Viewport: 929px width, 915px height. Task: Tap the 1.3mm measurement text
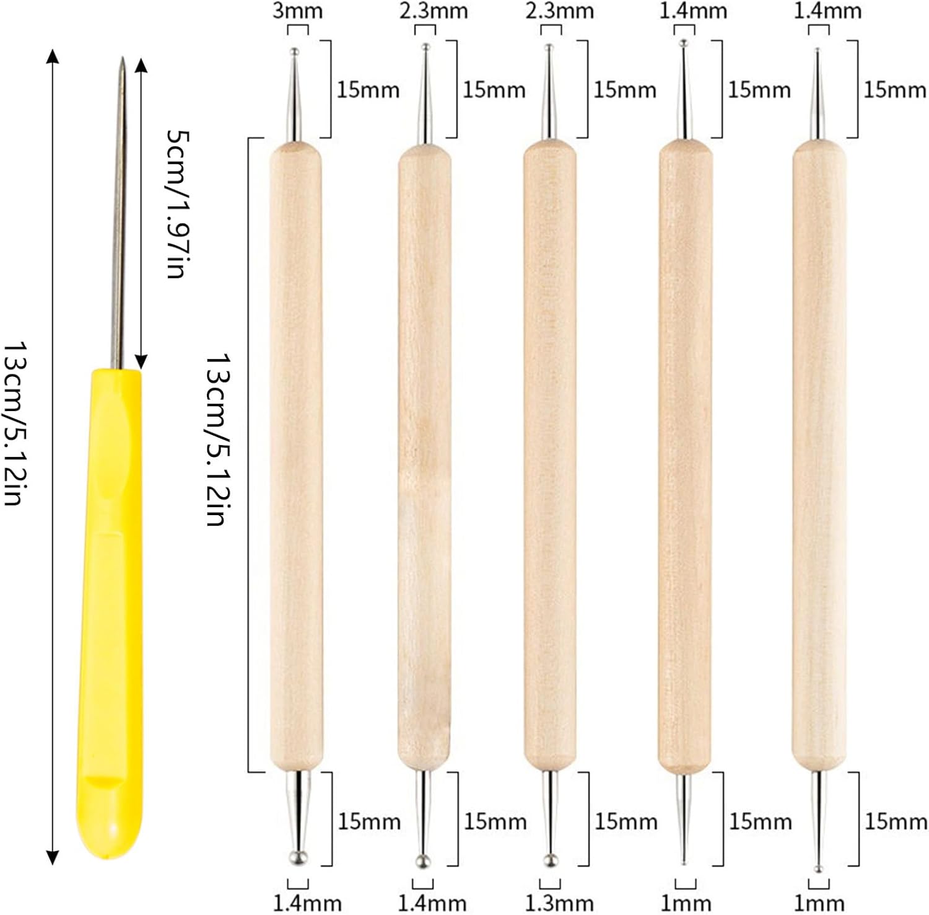point(559,903)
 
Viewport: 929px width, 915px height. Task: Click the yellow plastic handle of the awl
point(109,614)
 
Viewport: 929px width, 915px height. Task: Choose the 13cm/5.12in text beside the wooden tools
point(216,440)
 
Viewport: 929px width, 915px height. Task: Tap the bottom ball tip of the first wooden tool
point(298,857)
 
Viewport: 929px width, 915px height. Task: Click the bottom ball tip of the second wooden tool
point(423,860)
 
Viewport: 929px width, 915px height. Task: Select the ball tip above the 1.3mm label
point(550,860)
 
